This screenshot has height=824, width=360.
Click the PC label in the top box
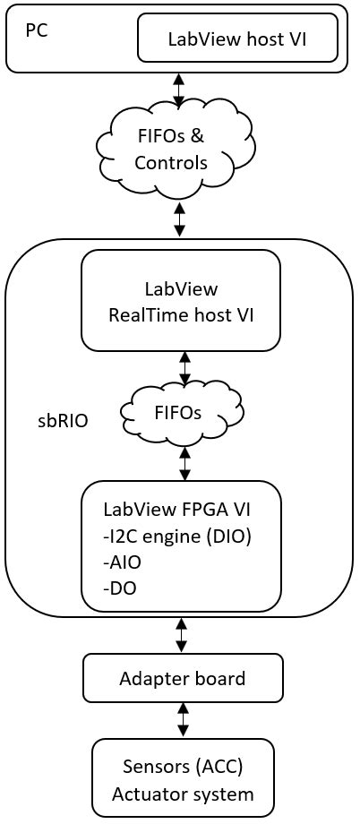click(36, 29)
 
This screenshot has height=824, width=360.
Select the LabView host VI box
click(237, 39)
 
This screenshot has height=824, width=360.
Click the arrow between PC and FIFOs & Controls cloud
click(179, 90)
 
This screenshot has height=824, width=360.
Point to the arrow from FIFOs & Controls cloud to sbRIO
click(180, 219)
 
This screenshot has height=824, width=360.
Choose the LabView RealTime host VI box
click(180, 300)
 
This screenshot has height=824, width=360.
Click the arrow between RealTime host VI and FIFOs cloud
click(184, 368)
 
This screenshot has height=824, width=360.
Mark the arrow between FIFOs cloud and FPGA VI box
click(184, 463)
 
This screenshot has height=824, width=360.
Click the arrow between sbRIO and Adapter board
click(183, 635)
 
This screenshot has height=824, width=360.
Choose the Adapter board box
click(183, 678)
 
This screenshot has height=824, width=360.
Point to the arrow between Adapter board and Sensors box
click(184, 719)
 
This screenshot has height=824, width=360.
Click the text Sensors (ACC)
click(183, 768)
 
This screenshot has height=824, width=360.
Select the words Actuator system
click(183, 794)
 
